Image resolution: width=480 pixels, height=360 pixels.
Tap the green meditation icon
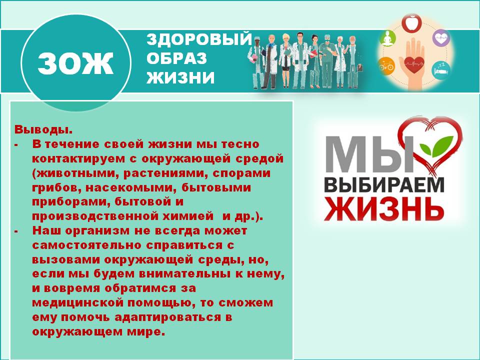coord(388,37)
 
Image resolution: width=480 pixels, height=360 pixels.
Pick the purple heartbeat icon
coord(440,37)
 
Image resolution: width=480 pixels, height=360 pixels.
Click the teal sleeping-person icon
coord(439,66)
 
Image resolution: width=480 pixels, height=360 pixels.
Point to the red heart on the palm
coord(413,63)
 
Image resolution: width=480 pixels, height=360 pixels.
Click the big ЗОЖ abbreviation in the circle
coord(76,63)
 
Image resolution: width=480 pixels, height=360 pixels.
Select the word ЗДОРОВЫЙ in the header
coord(198,40)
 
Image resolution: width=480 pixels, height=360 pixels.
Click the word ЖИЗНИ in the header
coord(180,77)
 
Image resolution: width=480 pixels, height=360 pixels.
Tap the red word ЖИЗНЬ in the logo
coord(384,209)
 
